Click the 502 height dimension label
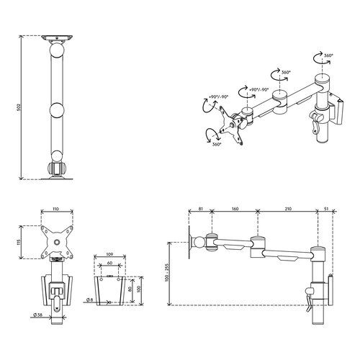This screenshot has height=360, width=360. [x=19, y=107]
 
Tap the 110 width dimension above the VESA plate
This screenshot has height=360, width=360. [x=55, y=209]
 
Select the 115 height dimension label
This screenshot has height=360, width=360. [x=19, y=242]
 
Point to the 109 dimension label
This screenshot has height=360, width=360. [x=109, y=254]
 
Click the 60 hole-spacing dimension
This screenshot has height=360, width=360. [x=109, y=263]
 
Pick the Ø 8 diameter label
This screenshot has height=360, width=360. [x=89, y=300]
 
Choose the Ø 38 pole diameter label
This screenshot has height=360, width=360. [x=38, y=315]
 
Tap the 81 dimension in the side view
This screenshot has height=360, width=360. [x=201, y=209]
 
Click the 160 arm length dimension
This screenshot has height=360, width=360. [x=235, y=209]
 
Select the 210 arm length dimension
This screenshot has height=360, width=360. [x=288, y=209]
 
